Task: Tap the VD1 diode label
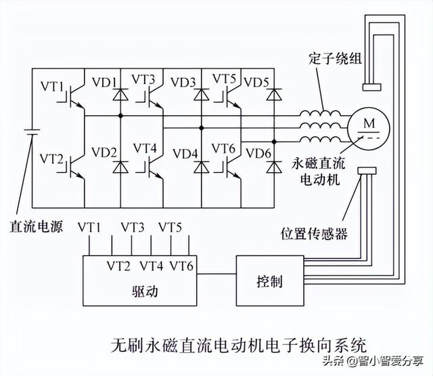(x=104, y=83)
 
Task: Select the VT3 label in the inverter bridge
(x=143, y=81)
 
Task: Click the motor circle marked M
(x=368, y=127)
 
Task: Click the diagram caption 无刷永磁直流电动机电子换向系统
(x=240, y=343)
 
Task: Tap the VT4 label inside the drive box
(x=152, y=265)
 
